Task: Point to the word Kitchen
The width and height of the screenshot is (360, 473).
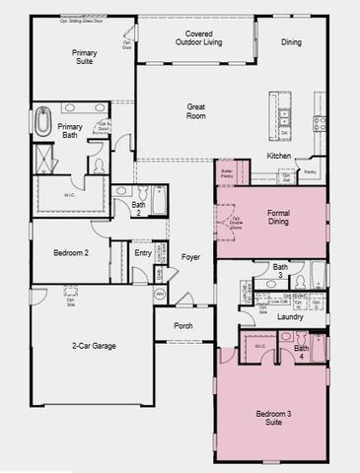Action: pos(279,156)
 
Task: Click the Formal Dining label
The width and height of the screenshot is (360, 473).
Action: pos(285,217)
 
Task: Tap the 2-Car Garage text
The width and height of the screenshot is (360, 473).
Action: pos(93,346)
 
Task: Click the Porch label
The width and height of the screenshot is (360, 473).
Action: pos(183,325)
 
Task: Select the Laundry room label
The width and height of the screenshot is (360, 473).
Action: pos(290,316)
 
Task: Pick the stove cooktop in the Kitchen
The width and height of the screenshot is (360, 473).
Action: pos(320,124)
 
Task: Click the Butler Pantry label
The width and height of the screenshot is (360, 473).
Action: pos(227,173)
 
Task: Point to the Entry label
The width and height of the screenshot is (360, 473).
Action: pos(143,253)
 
